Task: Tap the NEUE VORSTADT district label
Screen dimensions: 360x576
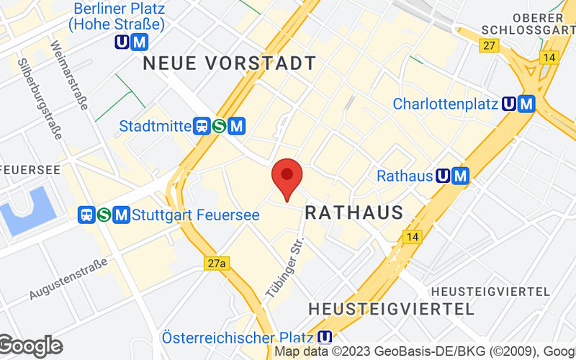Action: [x=230, y=63]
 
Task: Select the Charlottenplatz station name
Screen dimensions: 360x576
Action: [x=446, y=104]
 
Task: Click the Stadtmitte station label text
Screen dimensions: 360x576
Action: [x=155, y=127]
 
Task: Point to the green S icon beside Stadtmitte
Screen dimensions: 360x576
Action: [x=220, y=127]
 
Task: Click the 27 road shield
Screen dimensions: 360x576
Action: [x=490, y=45]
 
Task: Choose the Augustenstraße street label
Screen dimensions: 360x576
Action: [x=69, y=279]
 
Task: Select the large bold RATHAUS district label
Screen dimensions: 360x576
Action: [x=354, y=212]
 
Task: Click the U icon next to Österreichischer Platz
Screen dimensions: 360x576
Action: [x=325, y=338]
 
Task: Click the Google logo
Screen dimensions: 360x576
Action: [x=30, y=346]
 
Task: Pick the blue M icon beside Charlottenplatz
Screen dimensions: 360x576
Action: [x=527, y=104]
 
